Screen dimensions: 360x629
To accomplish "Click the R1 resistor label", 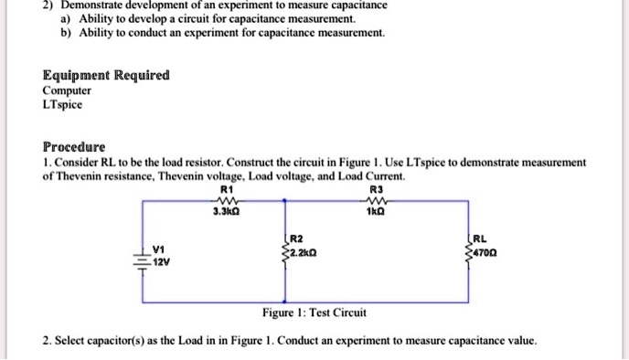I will [x=226, y=189].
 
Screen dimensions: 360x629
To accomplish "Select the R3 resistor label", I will [x=372, y=189].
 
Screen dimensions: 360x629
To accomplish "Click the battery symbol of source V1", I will [x=144, y=252].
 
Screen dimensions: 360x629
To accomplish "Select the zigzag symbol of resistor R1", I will [x=226, y=200].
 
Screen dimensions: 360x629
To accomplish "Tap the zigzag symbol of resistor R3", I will [x=372, y=200].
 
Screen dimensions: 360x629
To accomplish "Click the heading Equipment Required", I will [x=106, y=75].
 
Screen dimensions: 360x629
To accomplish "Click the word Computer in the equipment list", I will [x=67, y=90].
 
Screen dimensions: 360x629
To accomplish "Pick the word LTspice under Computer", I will [x=62, y=105].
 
